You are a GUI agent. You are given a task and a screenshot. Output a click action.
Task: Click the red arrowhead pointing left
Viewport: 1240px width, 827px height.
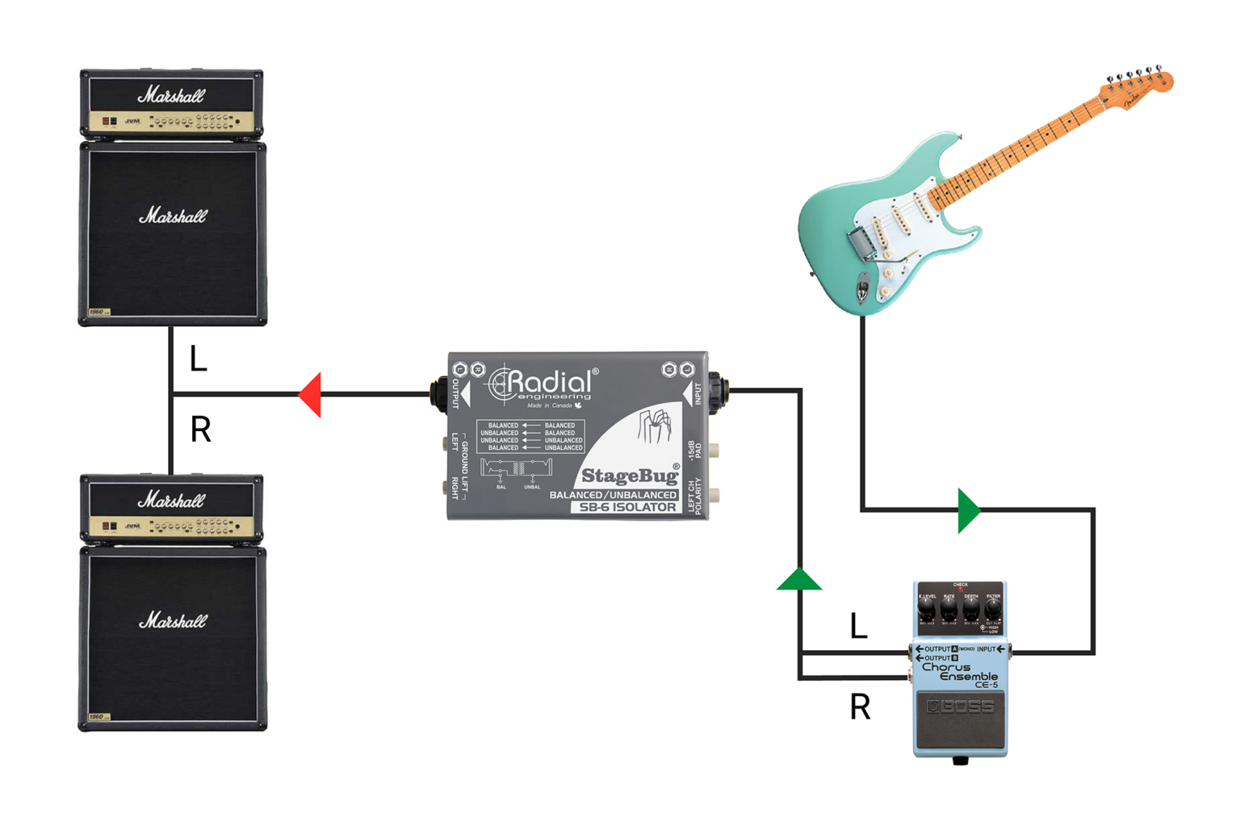tap(312, 394)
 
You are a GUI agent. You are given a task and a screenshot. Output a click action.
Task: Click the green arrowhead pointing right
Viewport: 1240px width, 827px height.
tap(967, 510)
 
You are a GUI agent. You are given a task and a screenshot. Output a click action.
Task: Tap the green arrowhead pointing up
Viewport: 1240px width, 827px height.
tap(799, 580)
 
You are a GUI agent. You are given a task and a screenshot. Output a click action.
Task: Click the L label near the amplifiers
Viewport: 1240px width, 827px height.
tap(199, 358)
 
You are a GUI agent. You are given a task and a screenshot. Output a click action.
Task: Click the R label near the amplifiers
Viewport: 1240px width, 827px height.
tap(200, 429)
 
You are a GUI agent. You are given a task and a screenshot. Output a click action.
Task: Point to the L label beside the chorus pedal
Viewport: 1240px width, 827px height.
tap(858, 626)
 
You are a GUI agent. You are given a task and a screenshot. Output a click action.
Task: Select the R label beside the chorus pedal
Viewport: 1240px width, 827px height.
tap(860, 707)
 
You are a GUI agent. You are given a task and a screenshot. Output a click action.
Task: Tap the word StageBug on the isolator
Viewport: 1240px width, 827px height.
tap(630, 476)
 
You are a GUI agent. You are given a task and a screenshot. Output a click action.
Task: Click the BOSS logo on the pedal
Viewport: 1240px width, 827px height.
tap(961, 706)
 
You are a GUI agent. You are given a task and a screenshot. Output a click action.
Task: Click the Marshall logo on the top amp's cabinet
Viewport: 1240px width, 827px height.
tap(173, 216)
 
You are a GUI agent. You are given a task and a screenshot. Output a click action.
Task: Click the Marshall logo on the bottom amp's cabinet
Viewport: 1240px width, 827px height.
tap(173, 620)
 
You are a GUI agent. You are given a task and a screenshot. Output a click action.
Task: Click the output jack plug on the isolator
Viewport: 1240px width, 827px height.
tap(439, 394)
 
